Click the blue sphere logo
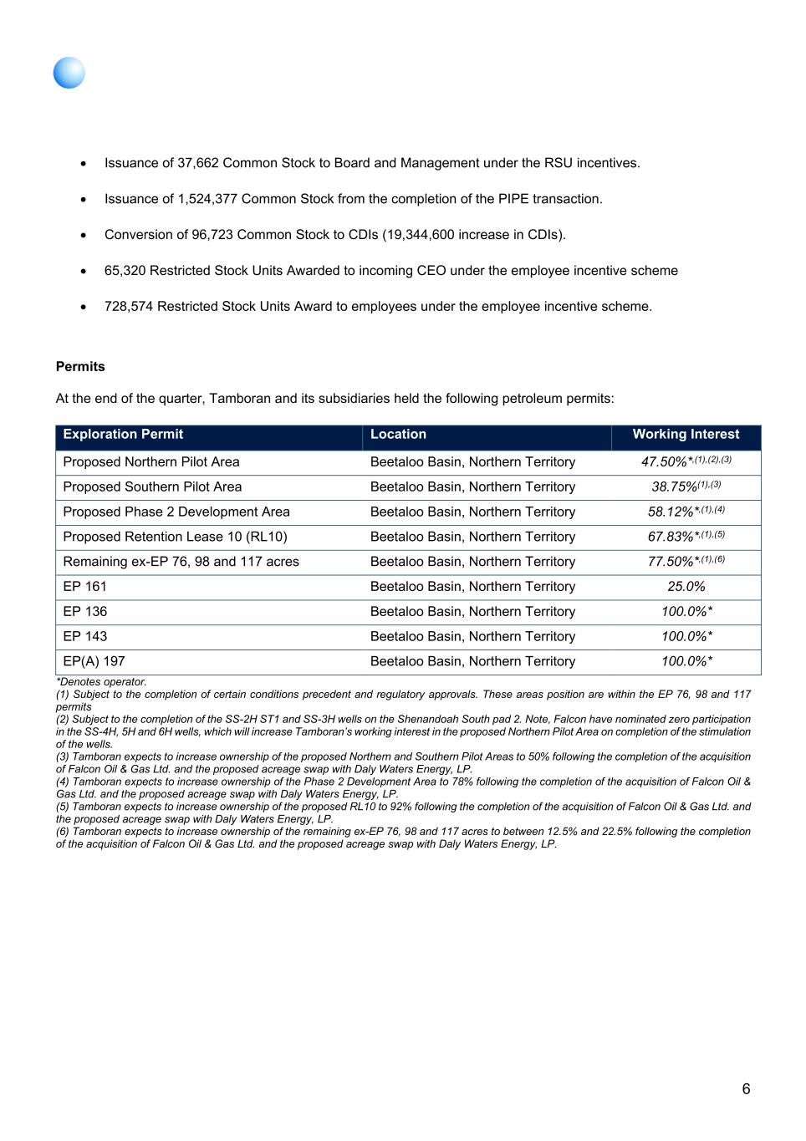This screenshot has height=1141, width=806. point(69,73)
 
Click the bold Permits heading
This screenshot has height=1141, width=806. point(80,367)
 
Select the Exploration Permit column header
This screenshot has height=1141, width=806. point(123,435)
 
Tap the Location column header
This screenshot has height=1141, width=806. point(398,435)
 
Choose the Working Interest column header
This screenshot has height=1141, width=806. point(686,435)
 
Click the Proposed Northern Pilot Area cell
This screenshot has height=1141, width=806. point(151,462)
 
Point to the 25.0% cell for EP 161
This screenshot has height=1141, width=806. point(686,587)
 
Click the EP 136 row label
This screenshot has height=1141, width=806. point(85,612)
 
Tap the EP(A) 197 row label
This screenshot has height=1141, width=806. point(94,661)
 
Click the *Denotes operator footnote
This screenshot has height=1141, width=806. point(101,682)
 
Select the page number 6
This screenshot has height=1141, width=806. point(746,1089)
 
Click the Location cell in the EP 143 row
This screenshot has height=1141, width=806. point(472,637)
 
